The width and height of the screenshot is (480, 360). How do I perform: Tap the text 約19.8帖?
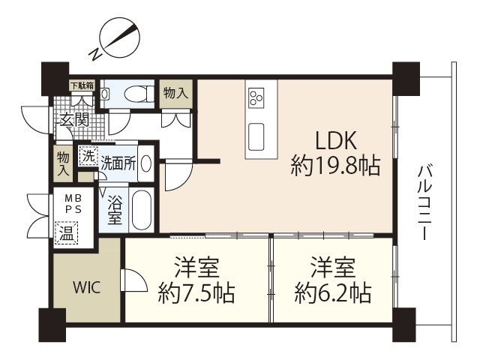click(x=334, y=165)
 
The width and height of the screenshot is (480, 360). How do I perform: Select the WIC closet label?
click(x=86, y=287)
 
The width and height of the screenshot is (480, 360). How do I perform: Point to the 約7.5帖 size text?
click(x=197, y=292)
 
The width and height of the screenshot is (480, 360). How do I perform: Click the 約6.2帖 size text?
click(x=334, y=292)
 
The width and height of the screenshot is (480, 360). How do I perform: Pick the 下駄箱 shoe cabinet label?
click(x=82, y=85)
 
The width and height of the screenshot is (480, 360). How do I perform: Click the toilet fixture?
click(x=135, y=94)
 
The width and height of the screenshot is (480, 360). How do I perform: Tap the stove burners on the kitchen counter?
click(x=257, y=97)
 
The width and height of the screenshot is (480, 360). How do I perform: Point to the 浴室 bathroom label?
click(x=115, y=209)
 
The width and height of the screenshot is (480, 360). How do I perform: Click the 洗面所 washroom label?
click(x=118, y=163)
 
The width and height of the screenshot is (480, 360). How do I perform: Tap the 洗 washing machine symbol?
click(x=88, y=157)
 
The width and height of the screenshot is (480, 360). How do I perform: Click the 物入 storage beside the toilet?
click(x=175, y=93)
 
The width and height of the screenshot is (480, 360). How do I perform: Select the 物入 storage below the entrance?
click(x=64, y=163)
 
